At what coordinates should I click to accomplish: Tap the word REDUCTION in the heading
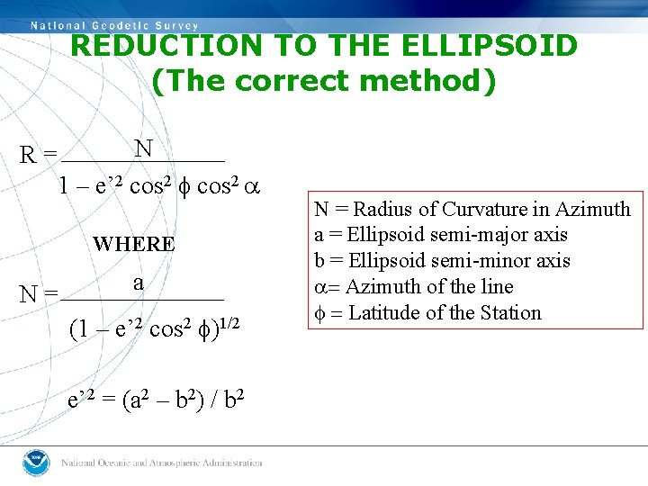(157, 45)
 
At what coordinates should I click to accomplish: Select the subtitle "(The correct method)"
(323, 81)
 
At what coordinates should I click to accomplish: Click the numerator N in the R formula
(143, 148)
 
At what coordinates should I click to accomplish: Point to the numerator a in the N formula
(138, 283)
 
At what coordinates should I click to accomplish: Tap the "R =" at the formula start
(39, 156)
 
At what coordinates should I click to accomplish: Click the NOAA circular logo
(36, 463)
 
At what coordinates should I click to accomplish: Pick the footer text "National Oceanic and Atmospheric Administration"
(162, 463)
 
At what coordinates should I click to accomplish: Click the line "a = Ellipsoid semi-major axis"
(441, 235)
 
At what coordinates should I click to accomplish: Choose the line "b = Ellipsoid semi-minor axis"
(442, 261)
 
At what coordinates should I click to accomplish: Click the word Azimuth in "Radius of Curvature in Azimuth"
(593, 210)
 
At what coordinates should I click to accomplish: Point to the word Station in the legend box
(512, 313)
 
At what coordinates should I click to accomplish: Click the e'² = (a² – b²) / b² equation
(157, 400)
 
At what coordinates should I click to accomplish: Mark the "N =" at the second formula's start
(39, 293)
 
